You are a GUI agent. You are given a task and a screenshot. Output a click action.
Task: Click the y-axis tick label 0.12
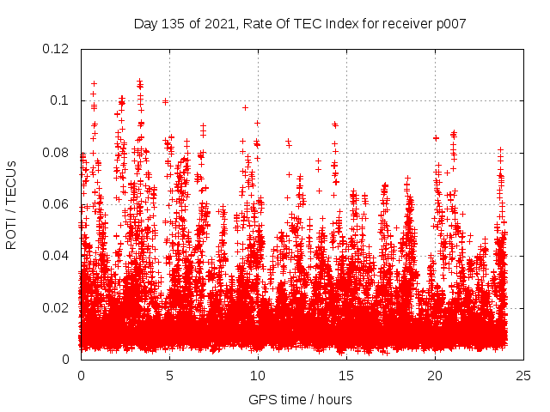click(57, 49)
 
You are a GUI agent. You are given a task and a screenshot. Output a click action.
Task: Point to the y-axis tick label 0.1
click(62, 100)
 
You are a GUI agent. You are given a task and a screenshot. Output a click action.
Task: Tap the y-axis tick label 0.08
click(57, 153)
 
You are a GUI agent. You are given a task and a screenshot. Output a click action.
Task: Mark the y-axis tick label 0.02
click(57, 307)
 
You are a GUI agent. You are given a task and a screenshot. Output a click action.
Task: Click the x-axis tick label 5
click(169, 375)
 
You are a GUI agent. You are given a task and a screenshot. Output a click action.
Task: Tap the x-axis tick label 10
click(258, 375)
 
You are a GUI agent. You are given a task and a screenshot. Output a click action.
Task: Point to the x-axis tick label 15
click(346, 375)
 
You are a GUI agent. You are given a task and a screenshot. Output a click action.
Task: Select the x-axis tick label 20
click(435, 375)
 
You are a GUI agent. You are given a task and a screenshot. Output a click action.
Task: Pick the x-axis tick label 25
click(523, 375)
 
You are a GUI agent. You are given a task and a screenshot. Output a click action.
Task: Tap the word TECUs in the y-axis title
click(12, 181)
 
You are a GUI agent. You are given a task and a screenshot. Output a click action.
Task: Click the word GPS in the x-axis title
click(260, 399)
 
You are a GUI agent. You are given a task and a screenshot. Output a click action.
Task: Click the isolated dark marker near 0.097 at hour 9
click(245, 107)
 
